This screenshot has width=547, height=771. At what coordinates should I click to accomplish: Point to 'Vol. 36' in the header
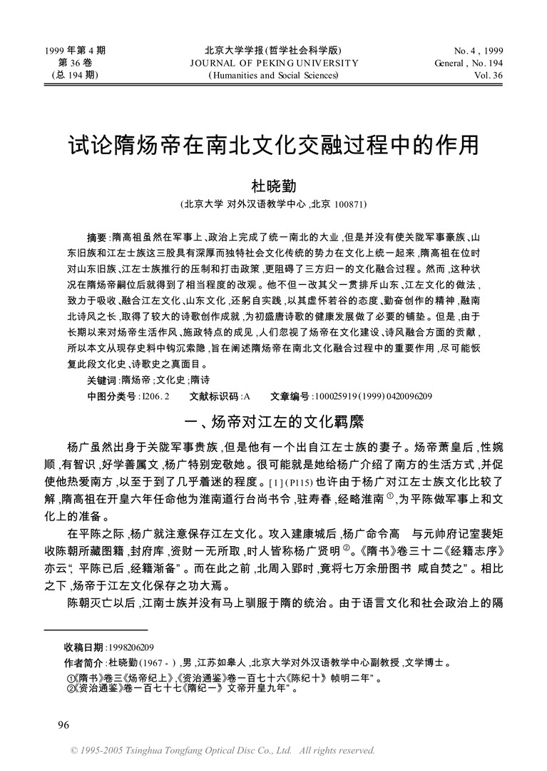(488, 75)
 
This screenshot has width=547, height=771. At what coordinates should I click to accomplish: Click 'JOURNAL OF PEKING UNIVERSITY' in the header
(273, 63)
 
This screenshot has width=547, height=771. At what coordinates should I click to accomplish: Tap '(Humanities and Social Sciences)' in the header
(273, 75)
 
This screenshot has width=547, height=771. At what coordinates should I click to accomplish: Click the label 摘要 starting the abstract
(96, 236)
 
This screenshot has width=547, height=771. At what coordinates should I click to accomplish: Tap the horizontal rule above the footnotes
(96, 630)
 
